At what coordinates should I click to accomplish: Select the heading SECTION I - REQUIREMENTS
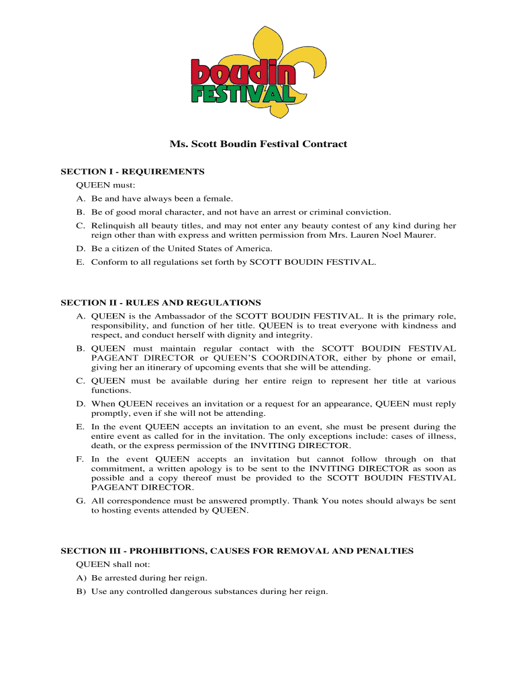click(132, 171)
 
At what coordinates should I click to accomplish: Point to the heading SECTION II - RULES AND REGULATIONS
click(160, 303)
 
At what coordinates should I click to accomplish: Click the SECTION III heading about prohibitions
click(237, 551)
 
